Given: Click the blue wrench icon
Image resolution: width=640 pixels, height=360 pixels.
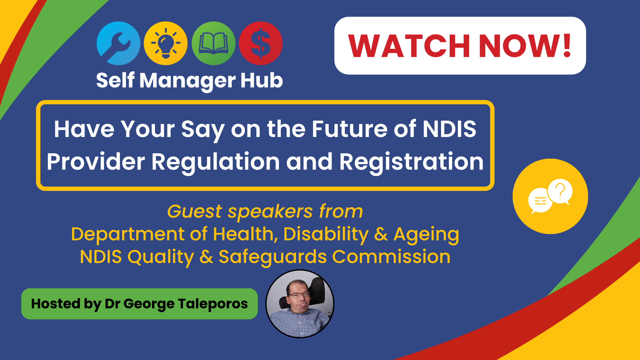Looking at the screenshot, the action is click(118, 43).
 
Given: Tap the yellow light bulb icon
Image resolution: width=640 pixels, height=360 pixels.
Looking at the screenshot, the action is click(166, 43).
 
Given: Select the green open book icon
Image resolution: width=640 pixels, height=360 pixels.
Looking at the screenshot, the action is click(213, 43).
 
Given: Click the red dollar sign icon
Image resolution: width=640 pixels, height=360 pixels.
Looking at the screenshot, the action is click(261, 43).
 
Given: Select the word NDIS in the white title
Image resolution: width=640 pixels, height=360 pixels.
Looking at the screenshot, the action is click(450, 129).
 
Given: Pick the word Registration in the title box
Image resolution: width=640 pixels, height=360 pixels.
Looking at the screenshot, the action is click(411, 162).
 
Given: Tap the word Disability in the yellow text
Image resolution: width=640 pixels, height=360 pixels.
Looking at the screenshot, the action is click(326, 234).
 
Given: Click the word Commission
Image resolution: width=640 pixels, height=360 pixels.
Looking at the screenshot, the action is click(391, 257).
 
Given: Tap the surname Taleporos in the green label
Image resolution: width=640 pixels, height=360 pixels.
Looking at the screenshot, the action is click(213, 304).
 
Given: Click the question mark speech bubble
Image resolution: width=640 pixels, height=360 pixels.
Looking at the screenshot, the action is click(560, 192).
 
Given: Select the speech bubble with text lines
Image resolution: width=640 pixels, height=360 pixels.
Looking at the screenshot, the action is click(540, 201).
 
